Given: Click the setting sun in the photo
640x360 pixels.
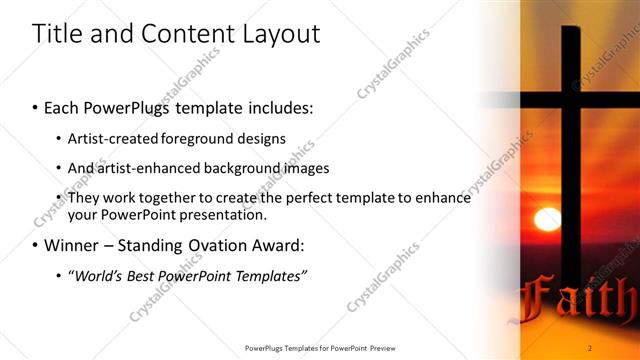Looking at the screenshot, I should click(547, 219).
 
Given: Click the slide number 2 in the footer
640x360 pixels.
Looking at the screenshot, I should click(590, 347).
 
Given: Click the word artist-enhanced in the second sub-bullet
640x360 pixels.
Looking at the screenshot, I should click(145, 168).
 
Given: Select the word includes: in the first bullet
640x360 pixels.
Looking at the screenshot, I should click(276, 106).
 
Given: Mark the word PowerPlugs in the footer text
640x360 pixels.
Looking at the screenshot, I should click(267, 347).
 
